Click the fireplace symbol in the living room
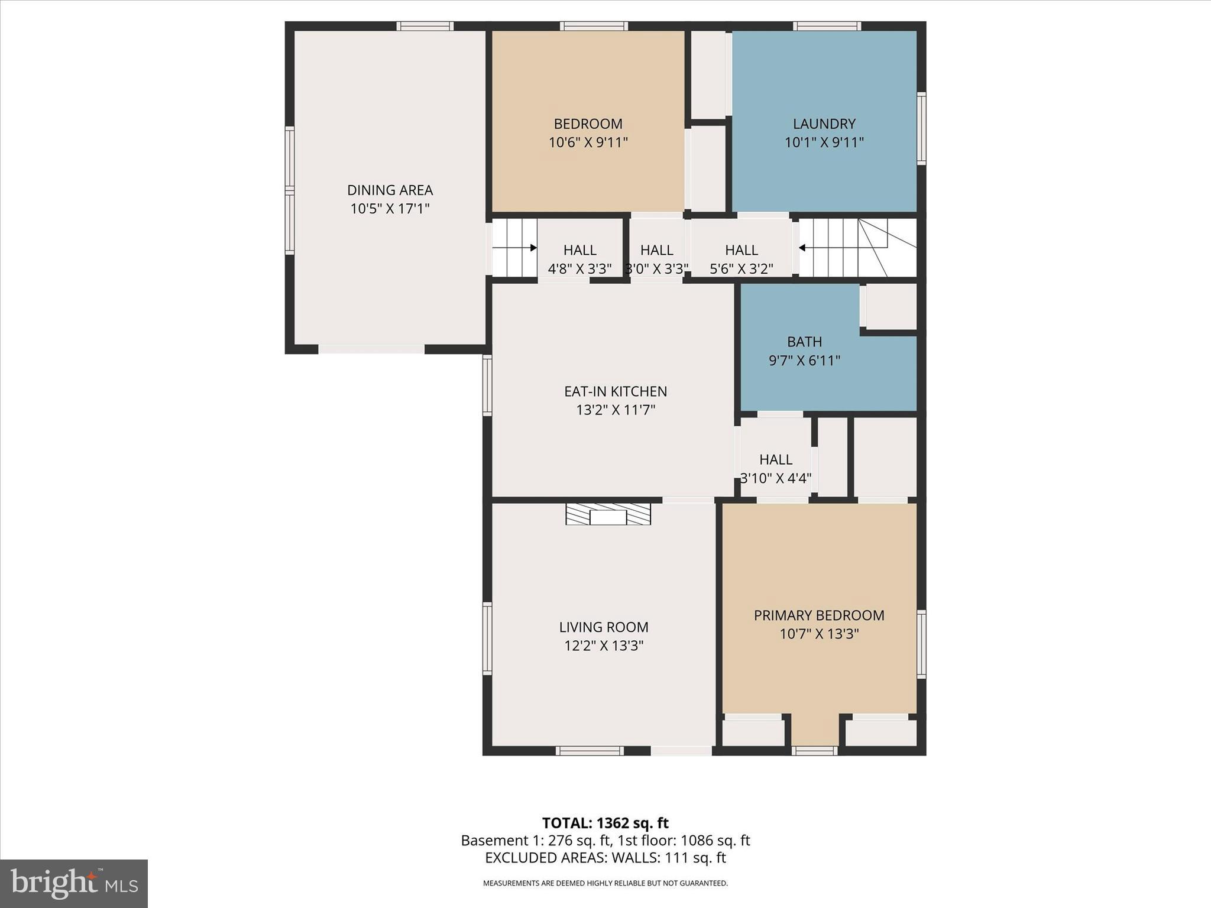coord(608,514)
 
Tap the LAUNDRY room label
coord(824,124)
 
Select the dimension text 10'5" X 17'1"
coord(390,209)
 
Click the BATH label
coord(804,342)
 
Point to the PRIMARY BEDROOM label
coord(819,615)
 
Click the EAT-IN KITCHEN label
coord(615,391)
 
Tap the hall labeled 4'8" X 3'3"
coord(579,259)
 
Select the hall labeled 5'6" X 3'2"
coord(741,259)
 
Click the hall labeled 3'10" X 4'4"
coord(775,468)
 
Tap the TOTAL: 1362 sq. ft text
coord(605,823)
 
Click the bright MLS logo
coord(74,883)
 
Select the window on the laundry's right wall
coord(921,128)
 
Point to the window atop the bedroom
coord(594,26)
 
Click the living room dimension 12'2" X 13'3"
coord(603,646)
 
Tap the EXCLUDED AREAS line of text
coord(605,858)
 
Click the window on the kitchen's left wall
coord(487,385)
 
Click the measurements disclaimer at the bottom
coord(605,883)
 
